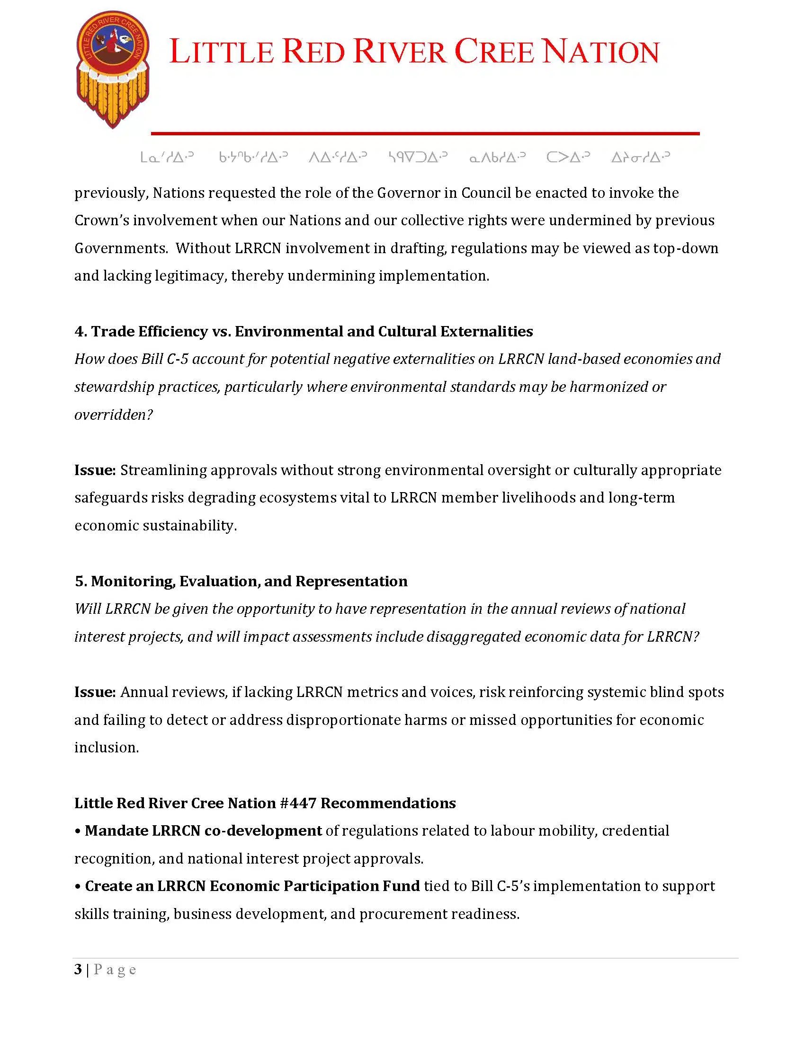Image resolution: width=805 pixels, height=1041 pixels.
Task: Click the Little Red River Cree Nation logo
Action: [113, 69]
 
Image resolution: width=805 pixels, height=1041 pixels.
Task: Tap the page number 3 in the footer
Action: [78, 969]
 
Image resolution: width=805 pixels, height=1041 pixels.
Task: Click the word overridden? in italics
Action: [114, 415]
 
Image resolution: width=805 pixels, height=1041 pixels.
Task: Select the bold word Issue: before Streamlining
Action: [95, 470]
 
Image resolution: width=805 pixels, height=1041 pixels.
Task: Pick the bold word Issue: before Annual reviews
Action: [95, 692]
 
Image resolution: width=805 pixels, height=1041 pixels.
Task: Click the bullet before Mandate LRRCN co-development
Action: [78, 831]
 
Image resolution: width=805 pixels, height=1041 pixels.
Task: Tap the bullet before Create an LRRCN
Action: [78, 886]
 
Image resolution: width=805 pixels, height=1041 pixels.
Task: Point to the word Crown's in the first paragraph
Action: [101, 220]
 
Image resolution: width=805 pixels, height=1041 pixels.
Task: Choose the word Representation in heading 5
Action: [351, 581]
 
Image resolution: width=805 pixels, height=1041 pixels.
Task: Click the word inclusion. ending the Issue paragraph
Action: [107, 747]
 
